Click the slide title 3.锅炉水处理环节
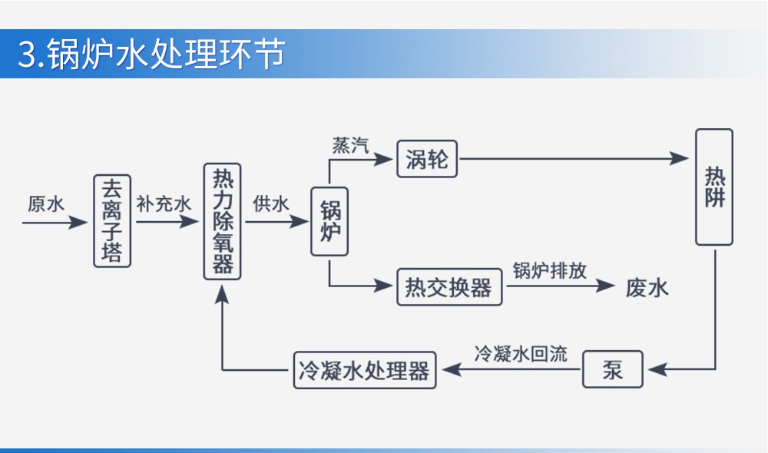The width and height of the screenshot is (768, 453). tap(151, 55)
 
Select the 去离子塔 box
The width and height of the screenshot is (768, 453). tap(112, 220)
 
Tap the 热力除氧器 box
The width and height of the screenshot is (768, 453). tap(223, 221)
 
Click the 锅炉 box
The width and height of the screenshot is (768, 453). tap(330, 221)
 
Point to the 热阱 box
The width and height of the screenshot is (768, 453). tap(714, 187)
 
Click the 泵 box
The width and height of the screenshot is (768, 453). tap(612, 371)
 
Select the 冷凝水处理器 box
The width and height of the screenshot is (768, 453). tap(365, 371)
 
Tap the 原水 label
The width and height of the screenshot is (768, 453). tap(46, 203)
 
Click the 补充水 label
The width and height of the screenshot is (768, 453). tap(164, 203)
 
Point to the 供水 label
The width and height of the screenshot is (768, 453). tap(271, 203)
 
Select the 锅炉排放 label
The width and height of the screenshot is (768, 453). tap(549, 271)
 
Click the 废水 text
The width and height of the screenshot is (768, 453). tap(647, 288)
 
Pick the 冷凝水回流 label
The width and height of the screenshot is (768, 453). tap(521, 354)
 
